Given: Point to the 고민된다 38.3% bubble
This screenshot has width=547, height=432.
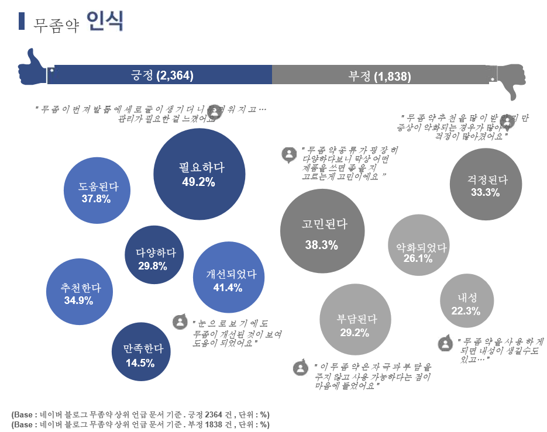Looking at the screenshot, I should click(x=321, y=234).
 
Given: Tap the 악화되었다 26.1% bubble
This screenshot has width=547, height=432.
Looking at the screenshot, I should click(x=418, y=247).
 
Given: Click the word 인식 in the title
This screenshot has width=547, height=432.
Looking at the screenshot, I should click(x=104, y=21).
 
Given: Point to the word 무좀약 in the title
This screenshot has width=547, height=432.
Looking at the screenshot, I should click(x=56, y=23).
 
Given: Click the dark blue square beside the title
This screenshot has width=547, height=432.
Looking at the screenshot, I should click(x=22, y=21).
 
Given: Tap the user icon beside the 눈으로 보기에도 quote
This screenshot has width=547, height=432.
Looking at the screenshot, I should click(x=180, y=322).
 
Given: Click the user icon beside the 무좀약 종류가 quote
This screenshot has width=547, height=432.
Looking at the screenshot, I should click(x=288, y=154).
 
